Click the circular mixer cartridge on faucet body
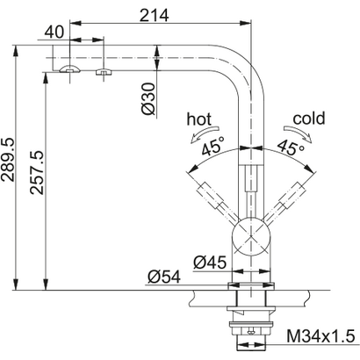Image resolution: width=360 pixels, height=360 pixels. pyautogui.click(x=251, y=238)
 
